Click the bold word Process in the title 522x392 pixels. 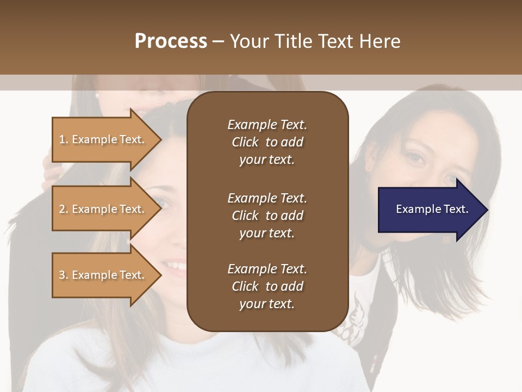pyautogui.click(x=171, y=41)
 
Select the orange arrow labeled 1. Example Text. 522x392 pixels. pyautogui.click(x=103, y=140)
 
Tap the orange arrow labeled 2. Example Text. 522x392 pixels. pyautogui.click(x=103, y=210)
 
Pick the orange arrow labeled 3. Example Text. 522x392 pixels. pyautogui.click(x=103, y=275)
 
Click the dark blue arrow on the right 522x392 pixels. pyautogui.click(x=430, y=210)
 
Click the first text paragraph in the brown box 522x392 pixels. pyautogui.click(x=267, y=142)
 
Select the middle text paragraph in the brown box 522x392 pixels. pyautogui.click(x=267, y=216)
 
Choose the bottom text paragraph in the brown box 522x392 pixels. pyautogui.click(x=267, y=286)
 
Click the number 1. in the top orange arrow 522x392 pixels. pyautogui.click(x=64, y=140)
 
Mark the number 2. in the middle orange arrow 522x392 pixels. pyautogui.click(x=64, y=210)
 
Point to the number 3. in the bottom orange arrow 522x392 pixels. pyautogui.click(x=64, y=275)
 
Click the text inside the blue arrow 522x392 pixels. pyautogui.click(x=432, y=210)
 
